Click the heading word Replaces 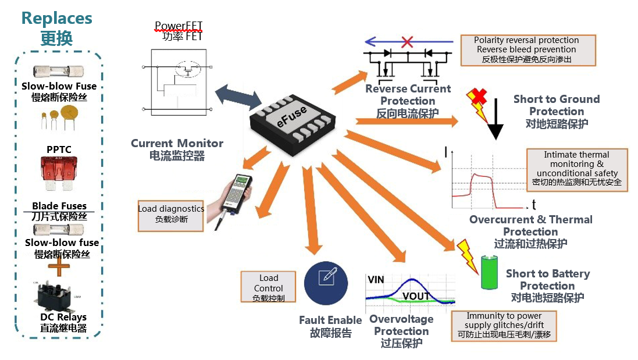(x=56, y=18)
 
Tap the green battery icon (x=490, y=273)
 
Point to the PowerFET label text (x=179, y=26)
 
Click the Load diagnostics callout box (x=170, y=214)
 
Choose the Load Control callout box (x=268, y=287)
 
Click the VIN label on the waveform (x=376, y=280)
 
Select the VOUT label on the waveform (x=416, y=295)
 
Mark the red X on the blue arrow (x=407, y=42)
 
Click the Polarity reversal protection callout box (x=527, y=50)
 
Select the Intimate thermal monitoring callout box (x=577, y=169)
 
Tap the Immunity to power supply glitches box (x=504, y=326)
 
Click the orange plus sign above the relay (x=57, y=265)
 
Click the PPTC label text (x=59, y=149)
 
